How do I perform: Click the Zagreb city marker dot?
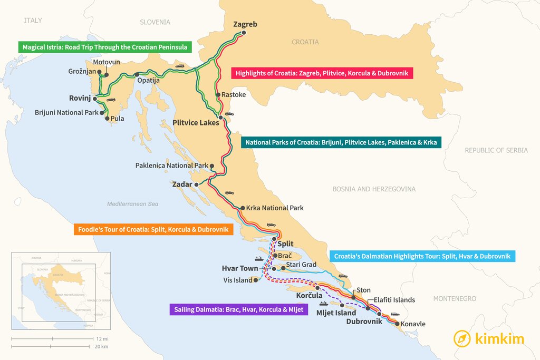click(x=244, y=33)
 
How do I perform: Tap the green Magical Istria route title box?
click(x=104, y=47)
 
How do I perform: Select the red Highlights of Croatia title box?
click(x=322, y=73)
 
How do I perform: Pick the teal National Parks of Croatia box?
click(x=341, y=142)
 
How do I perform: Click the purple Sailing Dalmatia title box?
click(x=238, y=309)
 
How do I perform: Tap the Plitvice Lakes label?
click(x=196, y=123)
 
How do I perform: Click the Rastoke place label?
click(x=234, y=95)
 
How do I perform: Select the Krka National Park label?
click(x=275, y=208)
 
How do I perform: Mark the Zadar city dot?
click(x=196, y=184)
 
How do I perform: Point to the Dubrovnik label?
click(x=364, y=321)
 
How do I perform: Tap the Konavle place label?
click(x=413, y=324)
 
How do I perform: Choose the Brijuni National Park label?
click(x=66, y=112)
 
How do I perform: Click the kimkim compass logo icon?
click(x=462, y=338)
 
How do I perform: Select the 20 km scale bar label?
click(x=102, y=346)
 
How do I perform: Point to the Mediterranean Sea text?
click(x=132, y=204)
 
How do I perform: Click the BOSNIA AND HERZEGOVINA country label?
click(x=374, y=189)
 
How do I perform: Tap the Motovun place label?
click(x=107, y=62)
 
